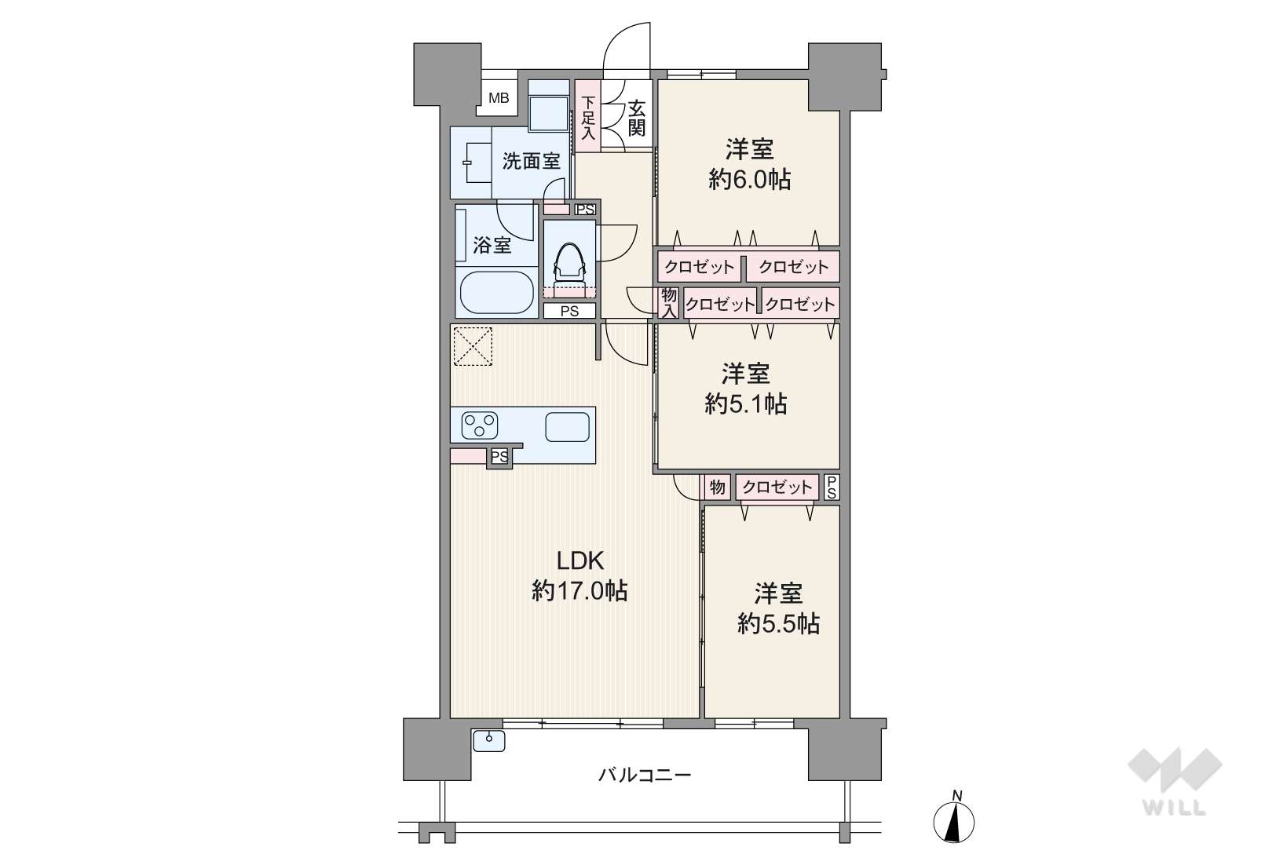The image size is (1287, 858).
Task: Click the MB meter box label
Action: (x=498, y=98)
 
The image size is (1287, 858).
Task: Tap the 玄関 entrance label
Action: (x=636, y=118)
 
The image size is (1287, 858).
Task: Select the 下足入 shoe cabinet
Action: (x=588, y=115)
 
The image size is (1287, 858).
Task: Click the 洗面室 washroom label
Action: (x=531, y=162)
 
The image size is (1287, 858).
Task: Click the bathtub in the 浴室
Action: (x=495, y=292)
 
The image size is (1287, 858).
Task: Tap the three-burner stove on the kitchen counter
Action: (x=479, y=425)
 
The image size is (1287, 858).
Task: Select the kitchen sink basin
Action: (x=567, y=427)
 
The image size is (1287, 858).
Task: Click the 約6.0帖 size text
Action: (x=749, y=181)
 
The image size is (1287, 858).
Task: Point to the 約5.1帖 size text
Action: (x=746, y=404)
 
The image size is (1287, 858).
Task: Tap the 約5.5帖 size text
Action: (x=778, y=624)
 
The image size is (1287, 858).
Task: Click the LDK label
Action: (x=580, y=560)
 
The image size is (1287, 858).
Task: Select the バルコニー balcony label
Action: (x=645, y=776)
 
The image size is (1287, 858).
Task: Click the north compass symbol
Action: (x=954, y=818)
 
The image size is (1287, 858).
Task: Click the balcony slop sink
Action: (x=489, y=740)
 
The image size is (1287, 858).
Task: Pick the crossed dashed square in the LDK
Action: (x=473, y=346)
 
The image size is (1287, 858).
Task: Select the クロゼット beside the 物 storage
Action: (x=777, y=487)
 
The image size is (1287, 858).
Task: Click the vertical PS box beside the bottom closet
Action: (x=832, y=487)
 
